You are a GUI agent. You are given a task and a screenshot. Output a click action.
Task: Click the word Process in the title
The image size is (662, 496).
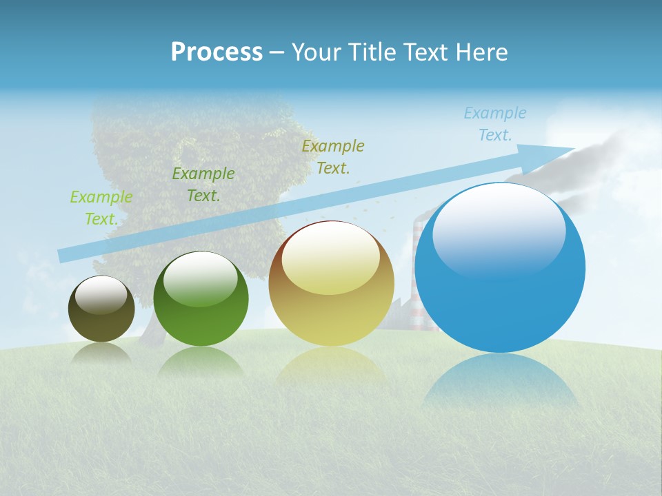(x=217, y=52)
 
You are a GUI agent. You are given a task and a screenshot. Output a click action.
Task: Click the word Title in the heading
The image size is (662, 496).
(x=371, y=52)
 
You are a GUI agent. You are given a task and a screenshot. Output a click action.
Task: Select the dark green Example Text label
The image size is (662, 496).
(x=203, y=185)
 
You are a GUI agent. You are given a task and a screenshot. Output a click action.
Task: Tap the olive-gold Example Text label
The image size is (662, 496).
(x=333, y=157)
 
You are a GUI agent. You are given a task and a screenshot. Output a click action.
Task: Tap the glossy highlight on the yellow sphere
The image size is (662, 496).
(x=330, y=259)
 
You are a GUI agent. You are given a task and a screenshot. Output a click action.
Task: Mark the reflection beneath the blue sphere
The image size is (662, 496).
(x=501, y=382)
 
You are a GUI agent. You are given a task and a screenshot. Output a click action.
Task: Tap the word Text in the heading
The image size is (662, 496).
(x=422, y=52)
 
